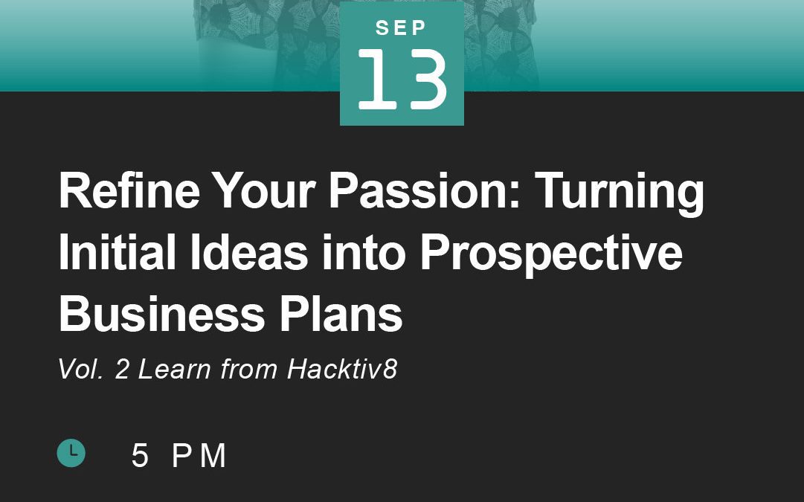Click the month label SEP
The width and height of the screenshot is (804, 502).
click(401, 28)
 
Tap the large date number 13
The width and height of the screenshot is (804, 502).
click(402, 80)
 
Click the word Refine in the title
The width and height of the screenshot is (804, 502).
click(129, 190)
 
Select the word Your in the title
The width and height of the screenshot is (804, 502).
click(264, 190)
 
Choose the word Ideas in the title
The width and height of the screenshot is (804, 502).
click(249, 251)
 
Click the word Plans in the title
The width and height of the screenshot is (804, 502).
click(341, 313)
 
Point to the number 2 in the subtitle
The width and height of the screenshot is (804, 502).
click(122, 369)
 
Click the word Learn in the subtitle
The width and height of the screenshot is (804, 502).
click(175, 369)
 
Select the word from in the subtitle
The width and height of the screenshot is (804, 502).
click(249, 369)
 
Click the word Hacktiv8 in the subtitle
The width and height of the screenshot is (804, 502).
click(342, 369)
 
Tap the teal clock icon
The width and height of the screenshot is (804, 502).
click(71, 453)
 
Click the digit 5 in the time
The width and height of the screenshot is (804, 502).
click(140, 455)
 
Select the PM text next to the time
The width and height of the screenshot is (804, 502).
click(199, 455)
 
